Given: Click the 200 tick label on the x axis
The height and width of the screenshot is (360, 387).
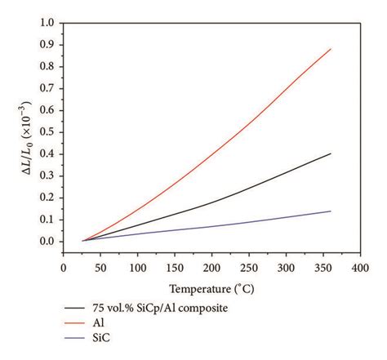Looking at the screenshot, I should coord(211,267).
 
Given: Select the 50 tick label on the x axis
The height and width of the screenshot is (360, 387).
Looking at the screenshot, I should coord(100,267).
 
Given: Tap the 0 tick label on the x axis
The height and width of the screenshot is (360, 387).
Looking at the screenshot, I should coord(64,267).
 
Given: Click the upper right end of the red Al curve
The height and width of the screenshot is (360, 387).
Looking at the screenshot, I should coord(331,49).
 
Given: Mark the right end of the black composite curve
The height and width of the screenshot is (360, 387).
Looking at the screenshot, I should coord(331,153).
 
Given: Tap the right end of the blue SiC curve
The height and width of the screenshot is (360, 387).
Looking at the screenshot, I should coord(331,211).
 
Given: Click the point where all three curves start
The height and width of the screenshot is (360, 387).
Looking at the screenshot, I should coord(82,241).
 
